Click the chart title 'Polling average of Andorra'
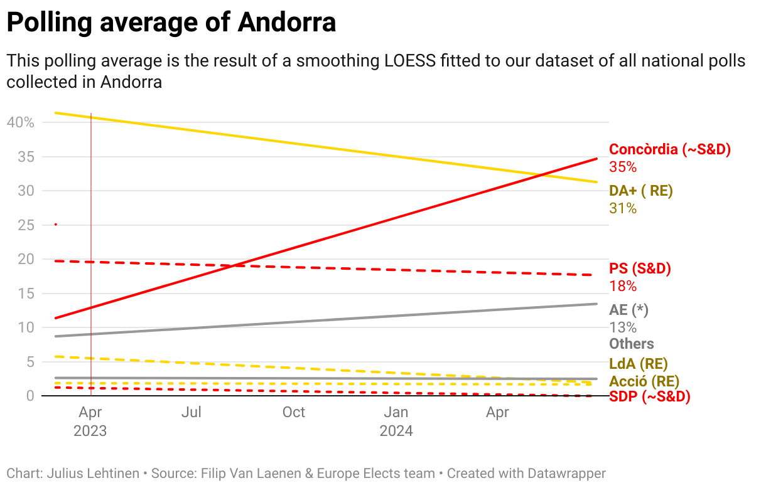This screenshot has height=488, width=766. click(x=171, y=23)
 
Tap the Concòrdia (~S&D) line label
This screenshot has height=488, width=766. click(x=670, y=149)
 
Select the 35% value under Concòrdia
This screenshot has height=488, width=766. click(x=623, y=167)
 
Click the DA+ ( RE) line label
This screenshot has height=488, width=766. click(x=640, y=191)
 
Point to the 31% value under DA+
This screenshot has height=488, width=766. click(x=623, y=208)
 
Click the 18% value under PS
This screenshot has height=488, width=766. click(x=623, y=286)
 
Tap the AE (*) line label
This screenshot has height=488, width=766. click(x=628, y=310)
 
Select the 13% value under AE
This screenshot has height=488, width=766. click(x=623, y=327)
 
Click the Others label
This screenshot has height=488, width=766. click(x=632, y=344)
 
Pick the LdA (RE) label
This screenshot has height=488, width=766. click(x=638, y=364)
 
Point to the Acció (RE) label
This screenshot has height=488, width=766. click(x=644, y=381)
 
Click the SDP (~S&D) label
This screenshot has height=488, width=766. click(x=650, y=396)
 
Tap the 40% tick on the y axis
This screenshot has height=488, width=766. click(x=20, y=122)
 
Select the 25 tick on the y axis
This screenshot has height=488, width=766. click(x=26, y=225)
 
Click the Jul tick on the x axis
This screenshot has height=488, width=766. click(x=191, y=413)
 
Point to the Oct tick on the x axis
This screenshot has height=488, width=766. click(x=293, y=413)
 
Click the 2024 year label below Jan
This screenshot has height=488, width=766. click(x=396, y=431)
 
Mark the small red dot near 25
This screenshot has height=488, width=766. click(x=56, y=224)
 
